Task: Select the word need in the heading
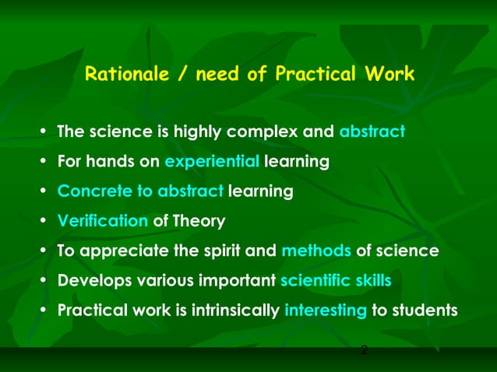click(217, 75)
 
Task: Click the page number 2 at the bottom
click(364, 351)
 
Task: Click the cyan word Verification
click(103, 221)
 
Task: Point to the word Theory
click(199, 221)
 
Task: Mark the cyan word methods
click(316, 251)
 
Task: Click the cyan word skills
click(372, 281)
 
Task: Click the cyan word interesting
click(326, 311)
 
